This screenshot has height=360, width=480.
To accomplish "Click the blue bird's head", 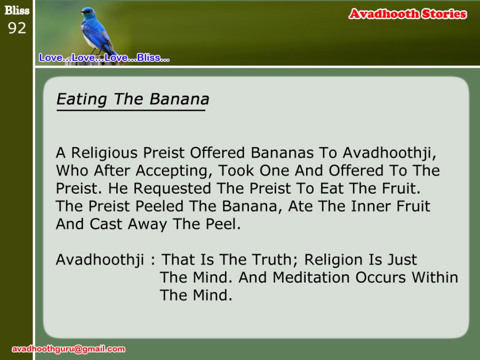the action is point(88,13).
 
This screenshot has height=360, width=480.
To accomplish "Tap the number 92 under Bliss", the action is point(17,28).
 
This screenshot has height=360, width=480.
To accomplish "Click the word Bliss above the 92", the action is point(17,11).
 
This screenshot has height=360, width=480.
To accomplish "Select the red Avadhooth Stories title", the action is point(408,14).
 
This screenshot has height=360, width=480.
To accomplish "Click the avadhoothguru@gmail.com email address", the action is point(68,349).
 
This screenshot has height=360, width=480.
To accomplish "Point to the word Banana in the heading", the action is point(179,99).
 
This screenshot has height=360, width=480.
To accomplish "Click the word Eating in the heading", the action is point(82,100).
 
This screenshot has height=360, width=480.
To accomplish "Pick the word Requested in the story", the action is point(172,189).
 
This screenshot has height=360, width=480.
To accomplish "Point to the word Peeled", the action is point(159,206).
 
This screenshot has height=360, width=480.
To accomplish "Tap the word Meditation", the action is point(311,277).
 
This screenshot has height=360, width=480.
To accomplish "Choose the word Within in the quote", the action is point(435,277).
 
